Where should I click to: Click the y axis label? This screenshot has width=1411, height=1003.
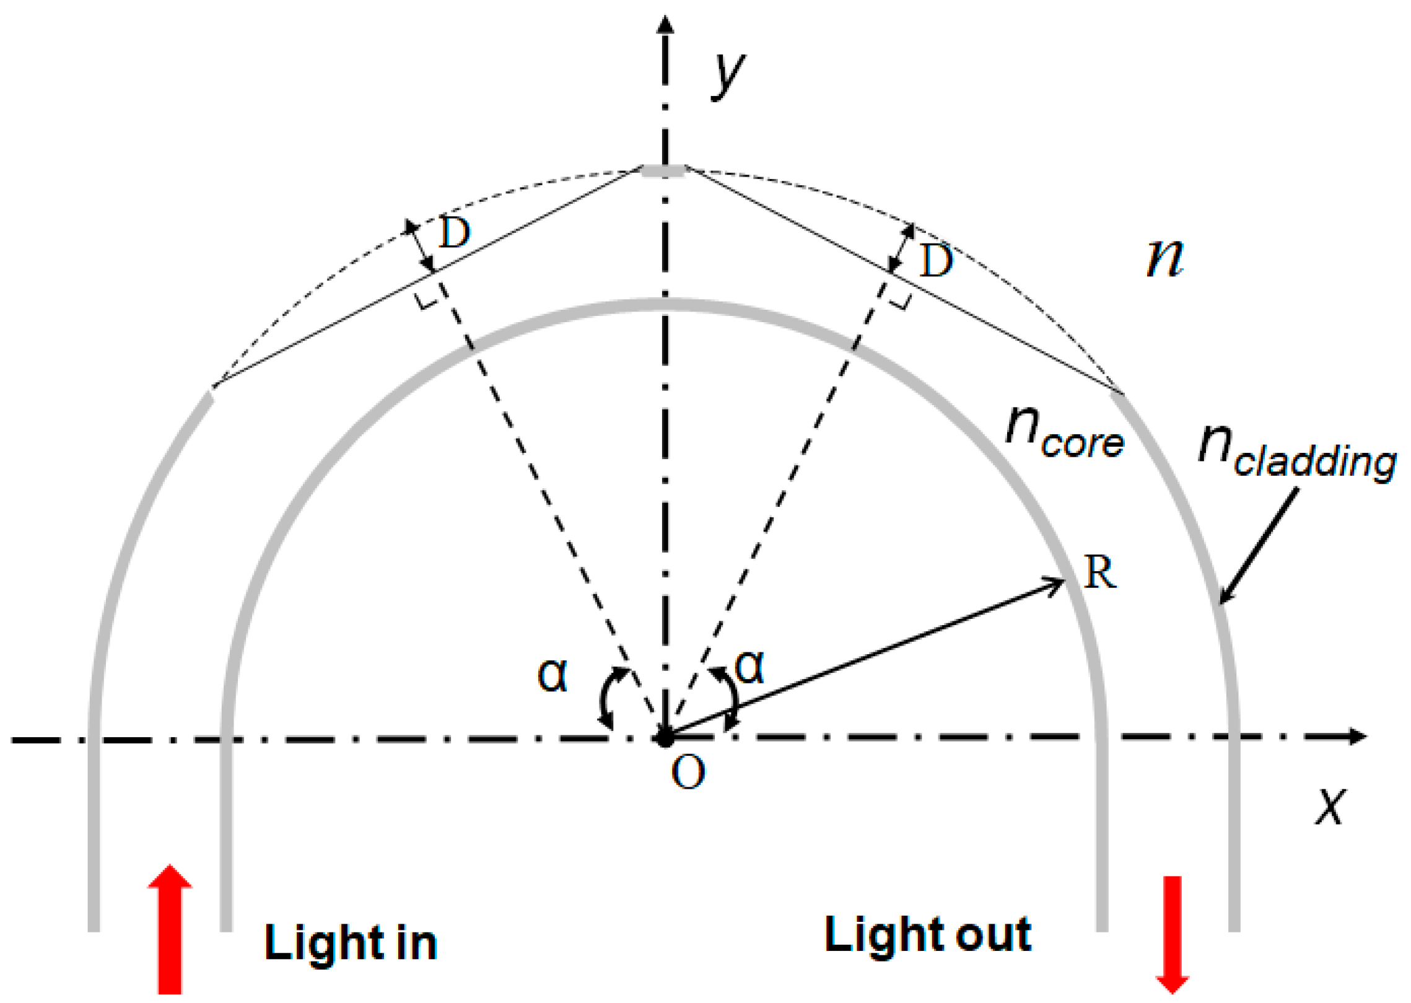(728, 73)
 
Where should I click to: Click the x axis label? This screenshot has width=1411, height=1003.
(1330, 805)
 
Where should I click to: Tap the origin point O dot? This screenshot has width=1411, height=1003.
(665, 738)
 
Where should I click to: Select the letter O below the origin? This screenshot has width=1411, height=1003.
(688, 773)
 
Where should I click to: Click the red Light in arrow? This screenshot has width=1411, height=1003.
(170, 929)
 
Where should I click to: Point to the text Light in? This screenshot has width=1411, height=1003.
(351, 943)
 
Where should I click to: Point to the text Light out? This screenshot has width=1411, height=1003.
(927, 934)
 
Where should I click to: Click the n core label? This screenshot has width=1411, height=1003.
(1064, 434)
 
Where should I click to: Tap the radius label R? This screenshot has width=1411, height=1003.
(1101, 572)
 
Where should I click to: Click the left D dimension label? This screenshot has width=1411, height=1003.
(455, 233)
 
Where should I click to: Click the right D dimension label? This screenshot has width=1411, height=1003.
(936, 261)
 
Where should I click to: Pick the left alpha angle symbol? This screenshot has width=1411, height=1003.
(552, 675)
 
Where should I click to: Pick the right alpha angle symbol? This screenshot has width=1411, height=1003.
(749, 668)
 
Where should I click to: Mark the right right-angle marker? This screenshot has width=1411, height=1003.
(901, 301)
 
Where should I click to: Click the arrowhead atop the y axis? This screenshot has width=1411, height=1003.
(665, 24)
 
